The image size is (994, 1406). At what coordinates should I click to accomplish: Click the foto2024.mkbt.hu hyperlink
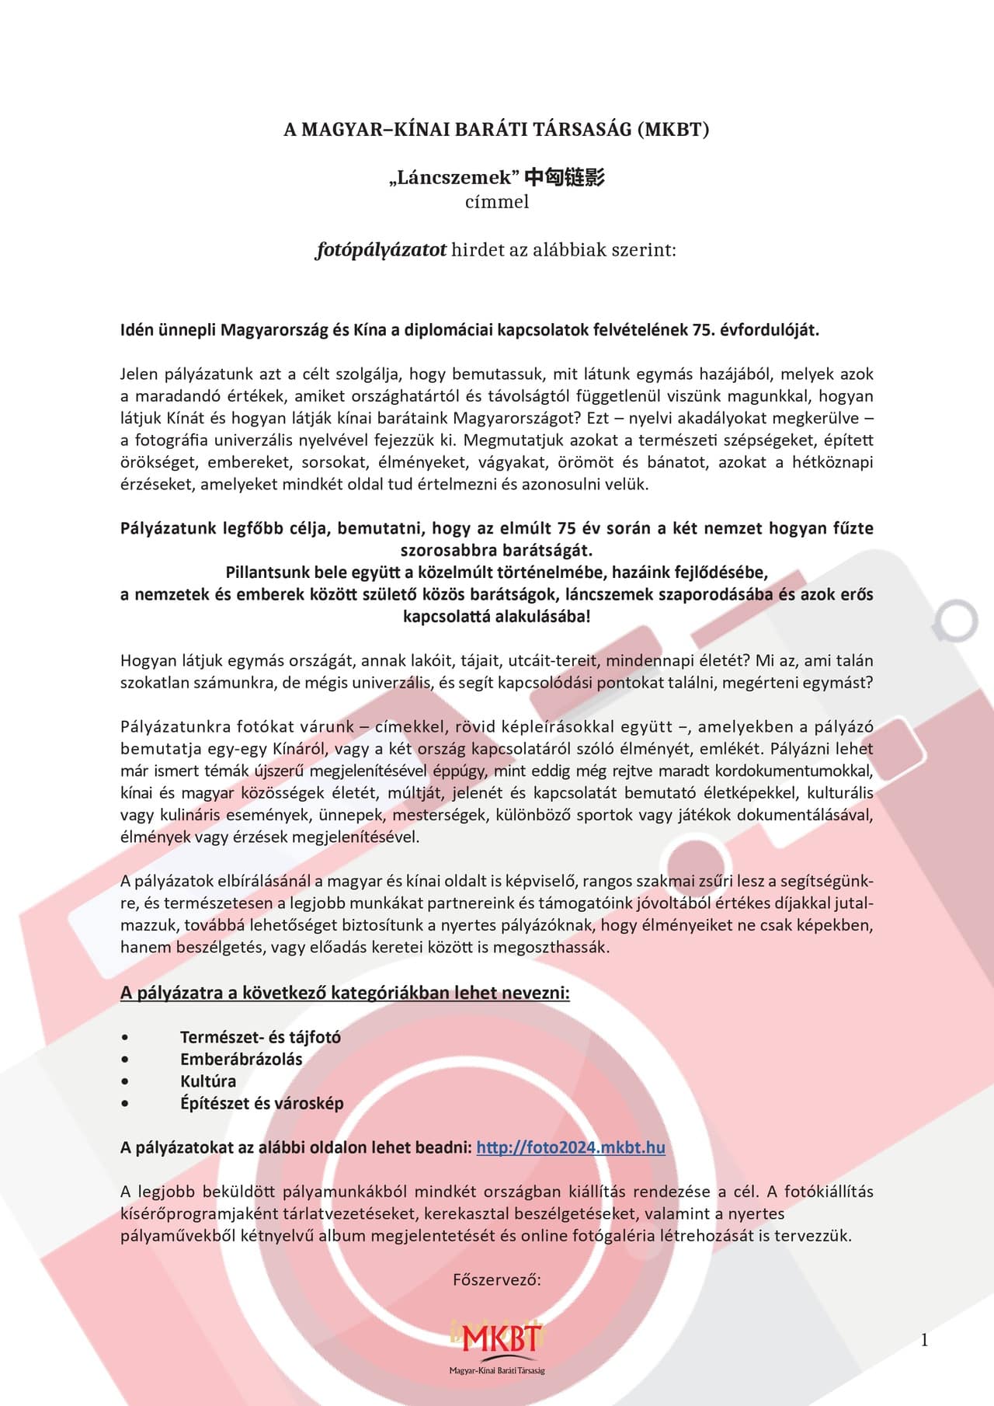tap(570, 1147)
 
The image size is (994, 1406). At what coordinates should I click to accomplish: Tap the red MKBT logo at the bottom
tap(496, 1338)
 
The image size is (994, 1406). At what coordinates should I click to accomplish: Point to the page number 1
tap(924, 1340)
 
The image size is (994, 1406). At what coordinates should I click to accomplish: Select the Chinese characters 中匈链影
tap(565, 178)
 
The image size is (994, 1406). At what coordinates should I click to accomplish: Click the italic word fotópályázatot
tap(381, 250)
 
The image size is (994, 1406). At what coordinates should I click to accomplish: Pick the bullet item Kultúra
tap(208, 1081)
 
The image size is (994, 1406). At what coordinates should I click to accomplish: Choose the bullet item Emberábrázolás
tap(241, 1059)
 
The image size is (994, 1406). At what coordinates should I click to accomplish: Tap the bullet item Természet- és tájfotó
tap(260, 1037)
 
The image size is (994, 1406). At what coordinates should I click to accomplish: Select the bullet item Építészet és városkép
tap(262, 1103)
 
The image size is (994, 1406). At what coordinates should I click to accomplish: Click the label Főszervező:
tap(496, 1279)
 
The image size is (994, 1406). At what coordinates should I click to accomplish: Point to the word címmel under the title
tap(496, 202)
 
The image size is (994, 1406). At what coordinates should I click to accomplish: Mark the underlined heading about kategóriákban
tap(345, 993)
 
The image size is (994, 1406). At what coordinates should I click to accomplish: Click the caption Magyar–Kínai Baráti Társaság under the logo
tap(496, 1371)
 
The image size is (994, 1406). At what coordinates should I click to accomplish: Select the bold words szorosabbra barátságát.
tap(496, 551)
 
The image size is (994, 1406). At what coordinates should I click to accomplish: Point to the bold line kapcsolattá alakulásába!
tap(496, 617)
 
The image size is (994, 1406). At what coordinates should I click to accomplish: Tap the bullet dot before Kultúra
tap(125, 1081)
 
